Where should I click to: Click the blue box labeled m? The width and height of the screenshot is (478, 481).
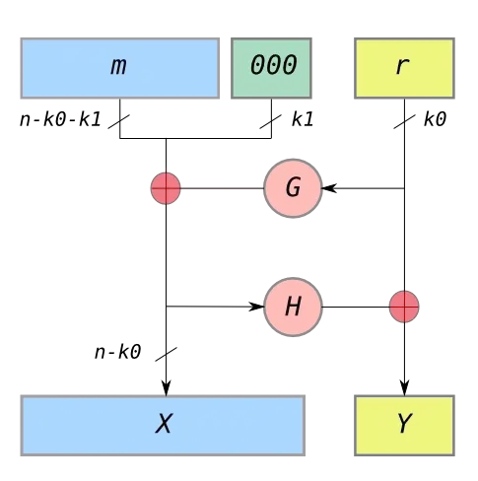[120, 68]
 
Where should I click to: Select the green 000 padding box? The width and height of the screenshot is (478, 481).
[271, 68]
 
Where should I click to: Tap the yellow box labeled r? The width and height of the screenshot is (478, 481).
[404, 68]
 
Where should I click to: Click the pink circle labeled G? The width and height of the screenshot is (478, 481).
[293, 188]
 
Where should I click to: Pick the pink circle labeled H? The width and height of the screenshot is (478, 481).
[293, 307]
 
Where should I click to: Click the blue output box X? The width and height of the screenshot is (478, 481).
[163, 426]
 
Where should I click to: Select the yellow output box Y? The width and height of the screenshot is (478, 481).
[404, 426]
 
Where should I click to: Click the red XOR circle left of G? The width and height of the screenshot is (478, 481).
[166, 188]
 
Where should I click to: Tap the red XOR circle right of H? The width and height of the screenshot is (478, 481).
[404, 307]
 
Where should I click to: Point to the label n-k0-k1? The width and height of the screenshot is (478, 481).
[60, 119]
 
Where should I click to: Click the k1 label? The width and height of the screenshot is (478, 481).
[303, 119]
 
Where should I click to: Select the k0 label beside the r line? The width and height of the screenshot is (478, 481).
[435, 119]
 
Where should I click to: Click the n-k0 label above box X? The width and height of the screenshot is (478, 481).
[118, 352]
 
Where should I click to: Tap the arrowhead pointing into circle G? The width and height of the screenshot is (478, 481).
[329, 188]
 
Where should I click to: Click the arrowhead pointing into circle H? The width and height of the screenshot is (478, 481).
[256, 307]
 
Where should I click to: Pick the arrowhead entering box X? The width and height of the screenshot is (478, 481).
[167, 388]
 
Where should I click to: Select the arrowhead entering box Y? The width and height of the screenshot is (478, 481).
[404, 388]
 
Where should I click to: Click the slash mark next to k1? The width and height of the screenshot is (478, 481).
[270, 121]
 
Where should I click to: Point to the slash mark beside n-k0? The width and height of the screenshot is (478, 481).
[166, 354]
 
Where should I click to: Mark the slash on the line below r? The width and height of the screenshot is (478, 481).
[404, 121]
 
